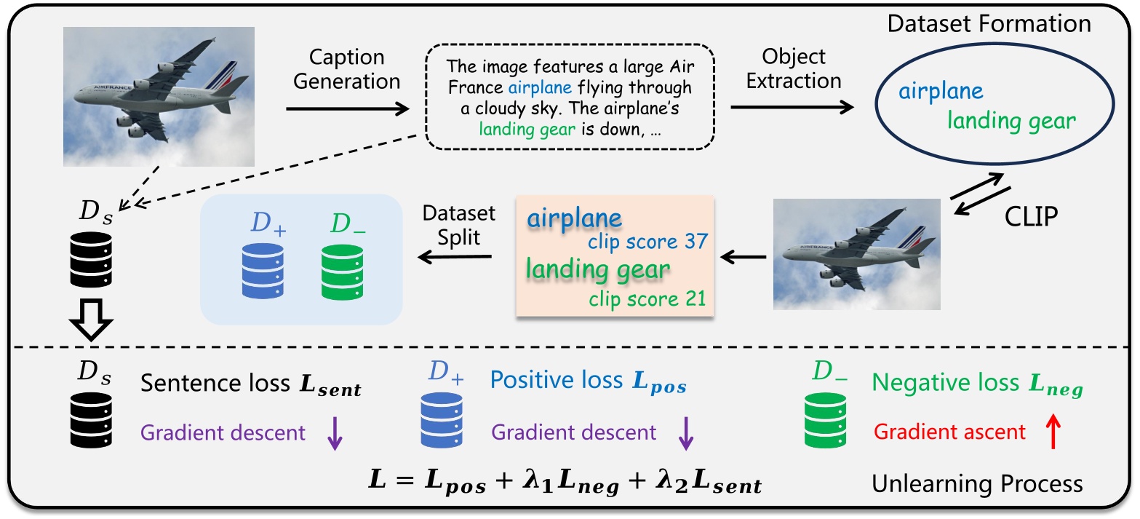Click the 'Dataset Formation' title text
click(989, 23)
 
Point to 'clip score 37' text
click(647, 241)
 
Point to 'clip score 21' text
click(647, 298)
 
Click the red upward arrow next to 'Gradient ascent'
click(1053, 433)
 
